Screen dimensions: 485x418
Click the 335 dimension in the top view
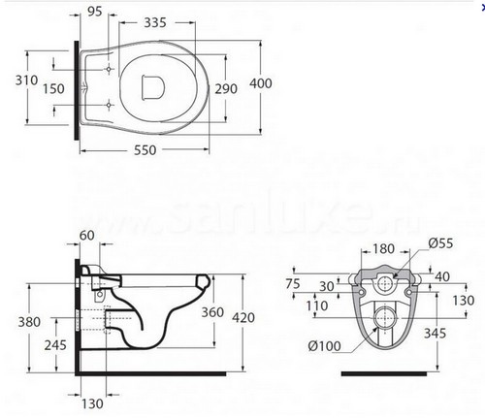(155, 22)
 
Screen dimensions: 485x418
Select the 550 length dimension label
(145, 150)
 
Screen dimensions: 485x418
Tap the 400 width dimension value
(261, 83)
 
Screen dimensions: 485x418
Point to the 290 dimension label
(226, 88)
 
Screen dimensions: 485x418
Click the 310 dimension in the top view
(26, 80)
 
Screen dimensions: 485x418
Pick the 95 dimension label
(95, 12)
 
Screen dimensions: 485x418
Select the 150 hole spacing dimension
(53, 88)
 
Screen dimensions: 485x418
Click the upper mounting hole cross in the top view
(109, 69)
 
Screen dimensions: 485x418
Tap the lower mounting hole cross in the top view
(109, 105)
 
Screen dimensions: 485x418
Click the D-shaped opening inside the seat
(153, 86)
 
